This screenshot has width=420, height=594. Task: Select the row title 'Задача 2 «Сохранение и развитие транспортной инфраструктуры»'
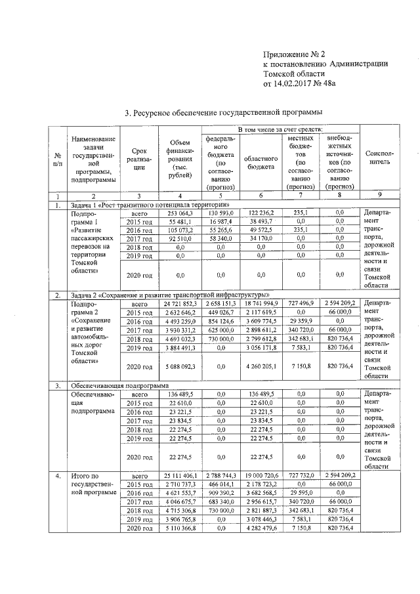click(x=170, y=295)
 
